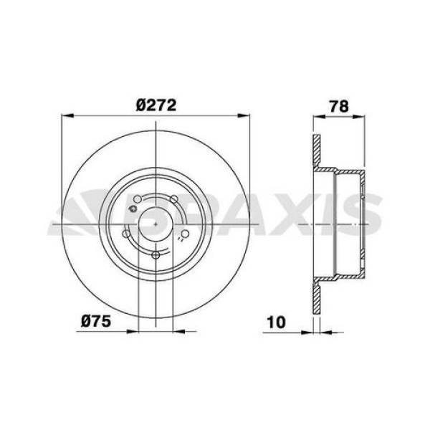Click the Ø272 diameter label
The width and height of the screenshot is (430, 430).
(156, 105)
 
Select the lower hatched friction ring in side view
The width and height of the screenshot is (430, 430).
(316, 297)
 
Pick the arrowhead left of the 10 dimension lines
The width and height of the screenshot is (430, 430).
(307, 331)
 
